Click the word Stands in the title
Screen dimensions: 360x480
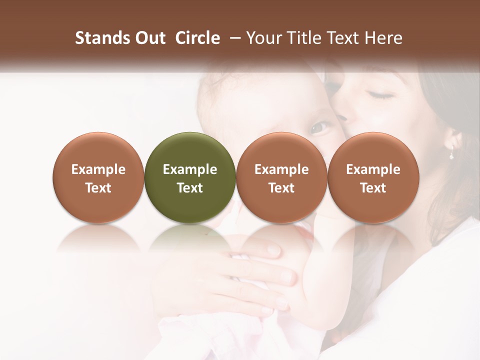[102, 38]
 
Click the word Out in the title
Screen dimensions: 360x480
[149, 38]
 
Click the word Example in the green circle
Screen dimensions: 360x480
[190, 169]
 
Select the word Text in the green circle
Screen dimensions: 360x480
[190, 188]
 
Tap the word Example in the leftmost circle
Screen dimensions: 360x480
[98, 169]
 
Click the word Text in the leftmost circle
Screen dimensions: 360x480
[98, 188]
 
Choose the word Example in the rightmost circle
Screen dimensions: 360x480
[373, 169]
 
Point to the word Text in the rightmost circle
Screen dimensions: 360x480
[373, 188]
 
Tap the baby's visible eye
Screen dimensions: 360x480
[319, 128]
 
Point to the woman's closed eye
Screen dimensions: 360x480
[381, 94]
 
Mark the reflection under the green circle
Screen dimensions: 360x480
[190, 238]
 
